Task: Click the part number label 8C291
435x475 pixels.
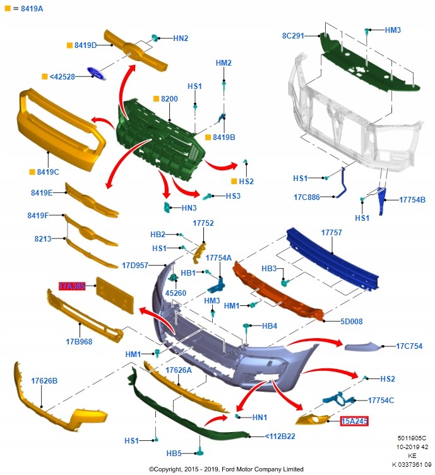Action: [293, 36]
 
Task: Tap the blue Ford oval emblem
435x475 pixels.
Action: [97, 74]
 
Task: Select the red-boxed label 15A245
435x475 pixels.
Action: [354, 421]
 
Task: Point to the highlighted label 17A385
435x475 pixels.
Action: [72, 286]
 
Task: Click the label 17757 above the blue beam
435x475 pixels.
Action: [331, 233]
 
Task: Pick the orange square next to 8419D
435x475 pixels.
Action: [69, 45]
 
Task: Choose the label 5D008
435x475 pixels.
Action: [351, 322]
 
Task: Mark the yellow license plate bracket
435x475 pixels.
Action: [115, 295]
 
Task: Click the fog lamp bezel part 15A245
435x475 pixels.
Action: [313, 419]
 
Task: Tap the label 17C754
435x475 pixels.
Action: [409, 346]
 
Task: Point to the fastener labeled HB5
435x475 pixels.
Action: [200, 452]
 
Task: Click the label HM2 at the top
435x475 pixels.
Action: [223, 62]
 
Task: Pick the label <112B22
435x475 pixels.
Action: [280, 437]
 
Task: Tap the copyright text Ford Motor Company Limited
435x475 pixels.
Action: [262, 469]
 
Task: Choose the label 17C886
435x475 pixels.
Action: [306, 197]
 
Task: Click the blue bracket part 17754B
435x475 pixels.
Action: [381, 201]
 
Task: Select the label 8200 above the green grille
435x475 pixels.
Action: [169, 99]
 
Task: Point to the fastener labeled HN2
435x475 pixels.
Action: [155, 38]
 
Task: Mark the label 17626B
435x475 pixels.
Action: [44, 381]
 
